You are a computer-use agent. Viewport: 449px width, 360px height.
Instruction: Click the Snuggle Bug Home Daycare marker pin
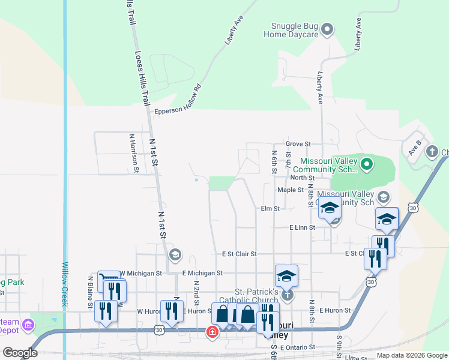(x=327, y=28)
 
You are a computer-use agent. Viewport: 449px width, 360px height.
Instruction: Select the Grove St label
(x=298, y=144)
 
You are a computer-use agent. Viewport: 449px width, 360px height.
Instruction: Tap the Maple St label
(x=291, y=190)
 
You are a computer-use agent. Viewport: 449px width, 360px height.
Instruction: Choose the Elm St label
(x=270, y=209)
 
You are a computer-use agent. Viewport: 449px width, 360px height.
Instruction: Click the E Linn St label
(x=302, y=228)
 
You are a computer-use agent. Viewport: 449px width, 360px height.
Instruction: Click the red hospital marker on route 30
(x=212, y=331)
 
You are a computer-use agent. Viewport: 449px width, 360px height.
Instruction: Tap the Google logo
(x=20, y=353)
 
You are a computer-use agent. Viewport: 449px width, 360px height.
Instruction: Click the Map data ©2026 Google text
(x=411, y=355)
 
